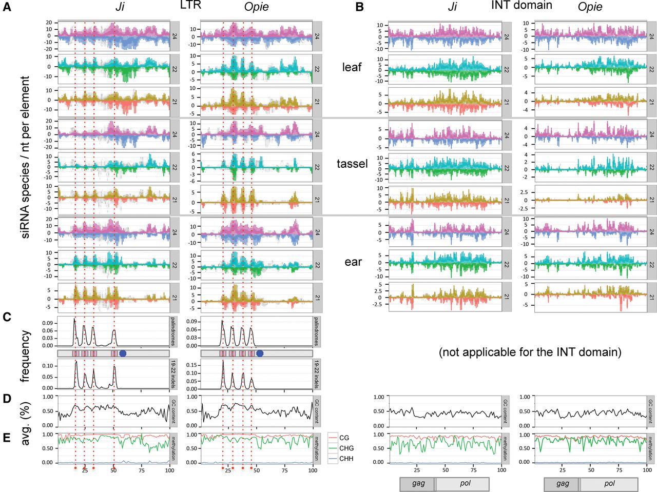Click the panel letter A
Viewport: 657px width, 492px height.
pos(7,8)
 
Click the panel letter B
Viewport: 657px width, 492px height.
pos(360,8)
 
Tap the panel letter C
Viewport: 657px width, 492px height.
pos(7,317)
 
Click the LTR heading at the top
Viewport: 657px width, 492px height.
pos(190,6)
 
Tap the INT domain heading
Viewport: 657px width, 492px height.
pos(521,6)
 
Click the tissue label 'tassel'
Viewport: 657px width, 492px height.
pos(352,164)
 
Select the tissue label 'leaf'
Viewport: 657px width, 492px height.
pos(352,67)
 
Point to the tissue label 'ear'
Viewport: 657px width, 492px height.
pos(353,262)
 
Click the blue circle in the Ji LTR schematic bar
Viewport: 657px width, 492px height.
pos(123,353)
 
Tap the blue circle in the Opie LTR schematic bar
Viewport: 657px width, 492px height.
pos(260,353)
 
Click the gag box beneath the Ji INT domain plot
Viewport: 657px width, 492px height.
pos(418,484)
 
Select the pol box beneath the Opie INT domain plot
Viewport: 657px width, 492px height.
pos(609,484)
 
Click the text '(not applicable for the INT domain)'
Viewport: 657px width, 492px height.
pos(530,352)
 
